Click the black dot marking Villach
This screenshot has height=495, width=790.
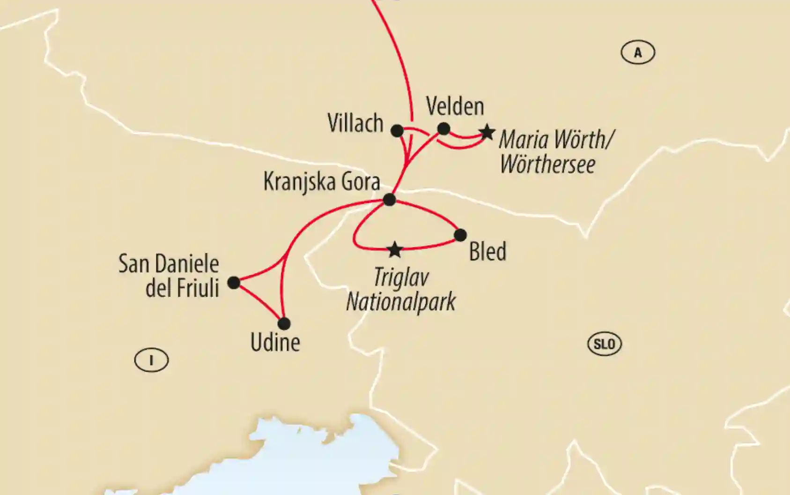(x=397, y=131)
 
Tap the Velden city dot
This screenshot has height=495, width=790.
(x=443, y=128)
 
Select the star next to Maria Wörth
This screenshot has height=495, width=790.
(x=487, y=132)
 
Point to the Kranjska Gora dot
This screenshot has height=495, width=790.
(x=389, y=200)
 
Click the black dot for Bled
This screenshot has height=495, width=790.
(x=460, y=235)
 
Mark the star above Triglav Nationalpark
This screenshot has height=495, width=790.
(x=395, y=250)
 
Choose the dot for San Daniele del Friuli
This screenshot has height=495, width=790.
(x=234, y=283)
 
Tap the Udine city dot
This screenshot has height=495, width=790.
(x=284, y=323)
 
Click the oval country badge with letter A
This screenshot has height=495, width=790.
(x=638, y=52)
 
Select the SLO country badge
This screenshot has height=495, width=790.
(x=604, y=344)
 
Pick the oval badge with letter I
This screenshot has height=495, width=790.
(x=151, y=360)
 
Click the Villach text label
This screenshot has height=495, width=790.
(x=355, y=124)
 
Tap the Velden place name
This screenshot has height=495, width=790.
(x=455, y=106)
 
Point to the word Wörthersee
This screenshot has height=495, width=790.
(x=547, y=164)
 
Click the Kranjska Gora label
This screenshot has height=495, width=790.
(x=322, y=181)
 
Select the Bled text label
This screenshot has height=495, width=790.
(x=487, y=252)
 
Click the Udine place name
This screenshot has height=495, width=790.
(x=275, y=343)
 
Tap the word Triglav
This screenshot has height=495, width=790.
(x=401, y=278)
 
